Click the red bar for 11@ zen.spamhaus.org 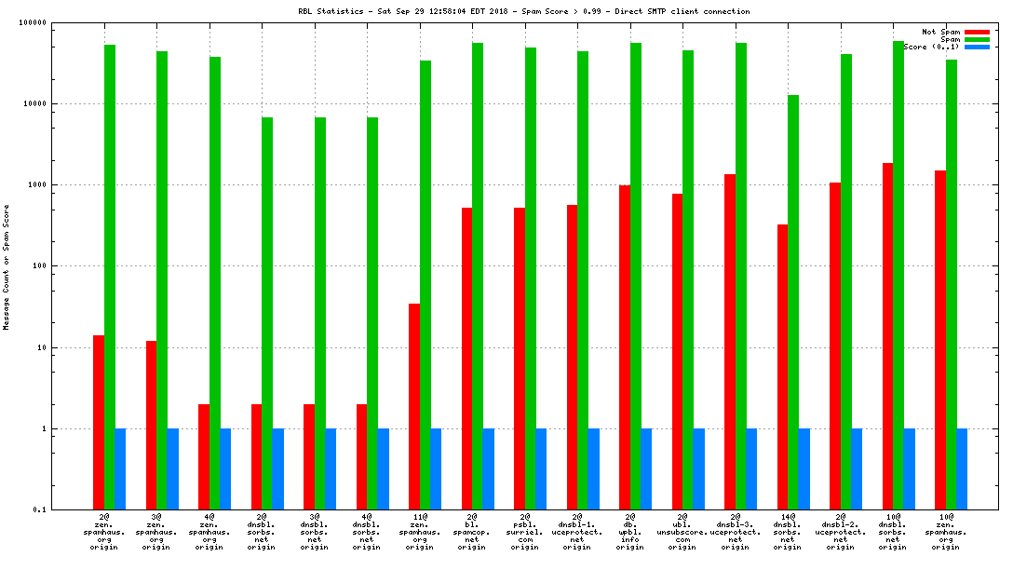(x=414, y=406)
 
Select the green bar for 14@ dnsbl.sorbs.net (x=793, y=302)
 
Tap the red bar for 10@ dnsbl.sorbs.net (x=888, y=336)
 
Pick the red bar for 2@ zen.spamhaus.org (x=98, y=422)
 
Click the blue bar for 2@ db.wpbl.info (x=646, y=468)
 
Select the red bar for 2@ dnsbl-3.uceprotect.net (x=730, y=342)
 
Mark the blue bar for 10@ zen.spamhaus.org (x=962, y=468)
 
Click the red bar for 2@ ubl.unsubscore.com (x=678, y=351)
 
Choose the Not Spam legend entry (x=940, y=32)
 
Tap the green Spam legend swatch (x=977, y=39)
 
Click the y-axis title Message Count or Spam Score (x=7, y=267)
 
